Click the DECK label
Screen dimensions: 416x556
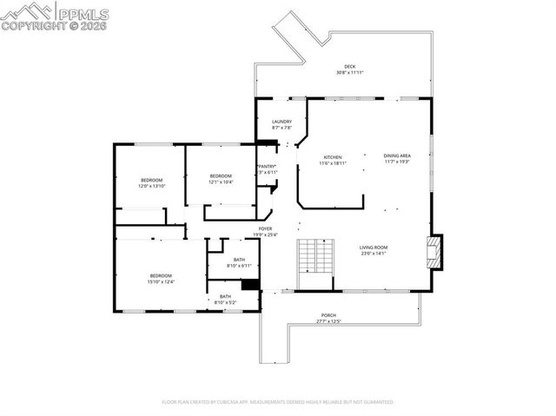349,67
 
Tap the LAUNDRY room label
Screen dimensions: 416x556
281,122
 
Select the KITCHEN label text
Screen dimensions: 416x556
334,157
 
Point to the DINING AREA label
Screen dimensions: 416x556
397,155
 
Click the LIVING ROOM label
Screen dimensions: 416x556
374,248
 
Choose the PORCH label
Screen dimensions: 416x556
328,315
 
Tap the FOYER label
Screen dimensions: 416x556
266,228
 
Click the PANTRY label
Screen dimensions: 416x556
267,167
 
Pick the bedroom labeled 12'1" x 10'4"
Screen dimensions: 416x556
221,176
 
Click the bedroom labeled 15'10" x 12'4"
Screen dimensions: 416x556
161,276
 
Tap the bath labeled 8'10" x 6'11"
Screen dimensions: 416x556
239,260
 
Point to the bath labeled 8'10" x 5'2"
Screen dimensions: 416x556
226,297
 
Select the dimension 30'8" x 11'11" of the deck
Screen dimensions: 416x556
349,73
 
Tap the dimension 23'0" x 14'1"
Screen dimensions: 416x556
374,254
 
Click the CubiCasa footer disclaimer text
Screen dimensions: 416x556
278,402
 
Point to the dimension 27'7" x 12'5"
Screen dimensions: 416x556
328,321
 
